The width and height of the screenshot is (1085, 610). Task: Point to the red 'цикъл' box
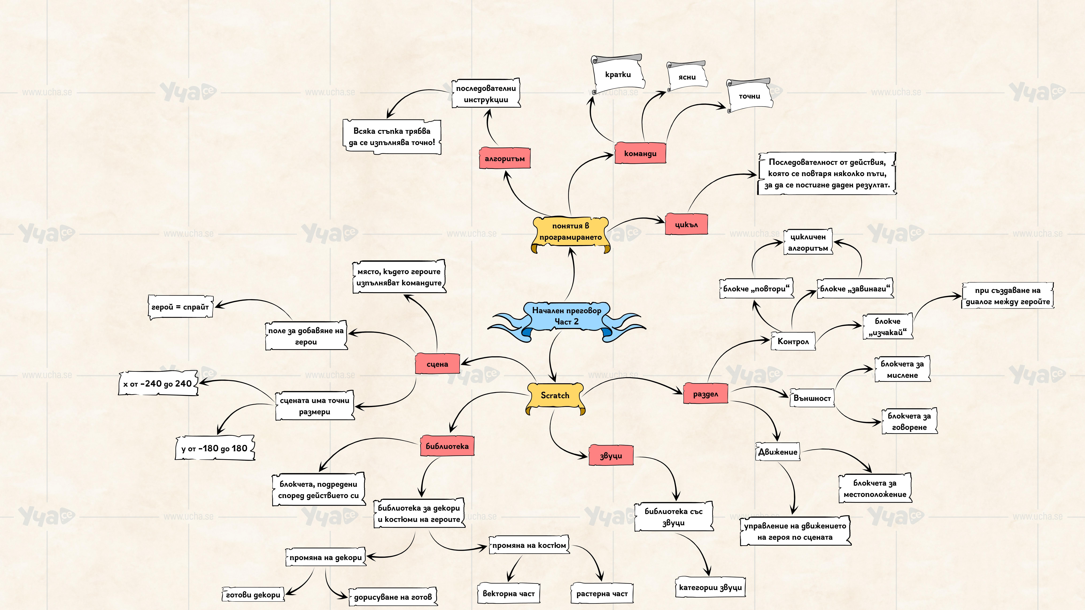[686, 224]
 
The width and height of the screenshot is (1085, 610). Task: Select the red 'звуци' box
[611, 455]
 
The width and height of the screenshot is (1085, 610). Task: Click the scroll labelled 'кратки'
[618, 75]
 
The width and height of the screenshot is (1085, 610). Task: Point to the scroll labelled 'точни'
[749, 96]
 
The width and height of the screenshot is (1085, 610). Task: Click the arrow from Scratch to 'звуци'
[556, 442]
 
